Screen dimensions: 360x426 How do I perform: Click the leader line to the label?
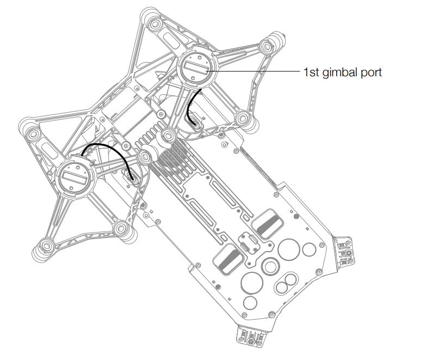pos(256,71)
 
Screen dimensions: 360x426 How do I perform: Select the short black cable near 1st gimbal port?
pos(192,106)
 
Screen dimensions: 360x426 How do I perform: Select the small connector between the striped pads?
pos(248,242)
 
